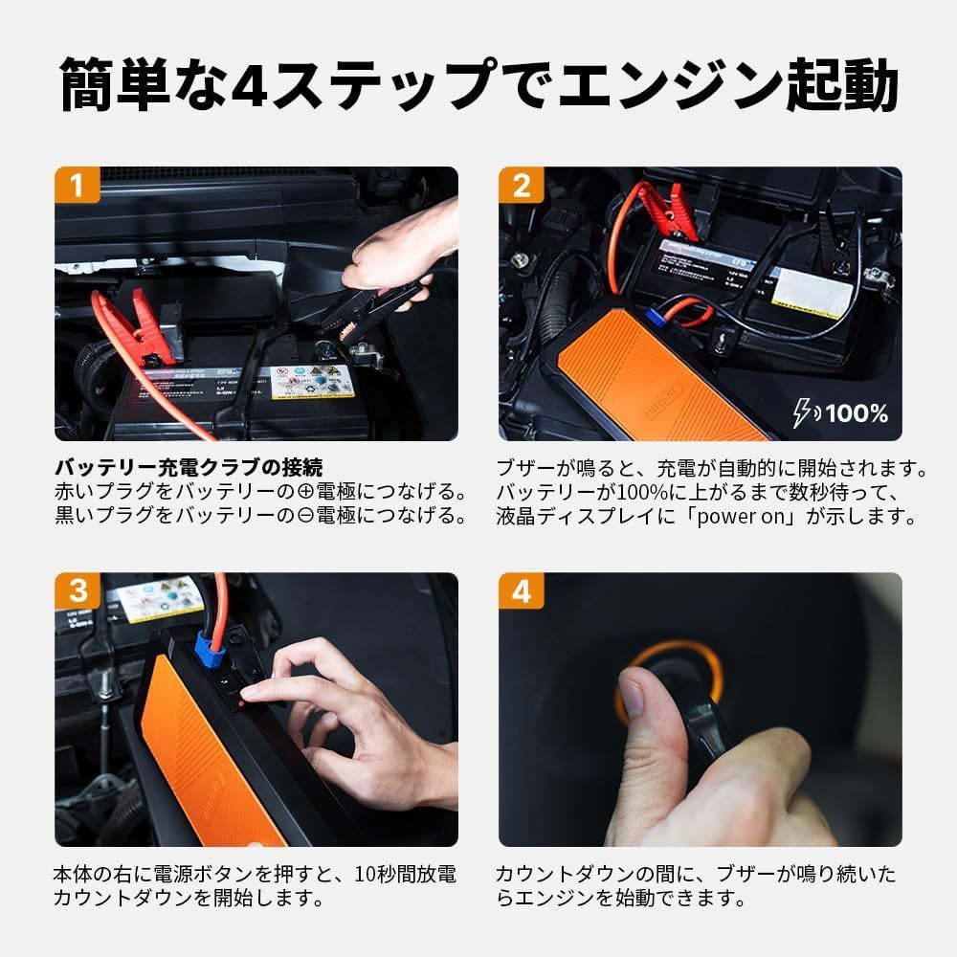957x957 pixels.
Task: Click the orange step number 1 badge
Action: pos(76,185)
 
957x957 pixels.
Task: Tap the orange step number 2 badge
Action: pos(521,185)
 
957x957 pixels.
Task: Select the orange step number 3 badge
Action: pos(76,590)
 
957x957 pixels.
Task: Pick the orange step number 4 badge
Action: pos(521,590)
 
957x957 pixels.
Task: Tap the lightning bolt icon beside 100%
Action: pos(807,414)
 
